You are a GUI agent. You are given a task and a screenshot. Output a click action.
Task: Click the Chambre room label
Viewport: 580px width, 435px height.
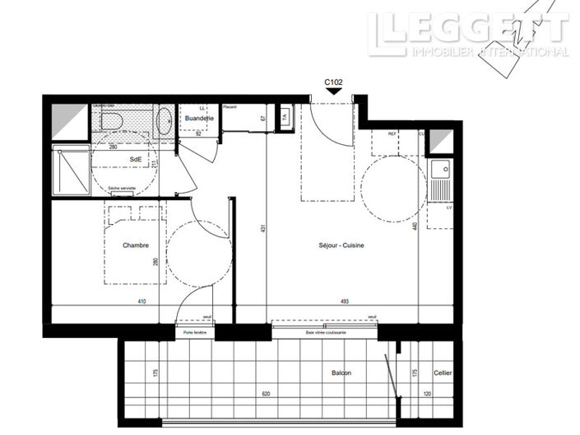tap(135, 246)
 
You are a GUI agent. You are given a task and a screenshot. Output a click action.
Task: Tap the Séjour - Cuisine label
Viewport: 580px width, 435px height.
tap(341, 246)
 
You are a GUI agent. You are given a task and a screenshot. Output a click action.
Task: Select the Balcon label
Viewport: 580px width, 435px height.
tap(341, 373)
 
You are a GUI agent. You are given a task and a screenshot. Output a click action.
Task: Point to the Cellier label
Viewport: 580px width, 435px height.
tap(443, 373)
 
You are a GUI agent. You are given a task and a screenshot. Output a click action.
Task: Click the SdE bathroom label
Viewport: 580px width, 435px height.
tap(134, 160)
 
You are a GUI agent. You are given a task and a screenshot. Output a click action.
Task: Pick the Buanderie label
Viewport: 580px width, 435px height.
tap(200, 119)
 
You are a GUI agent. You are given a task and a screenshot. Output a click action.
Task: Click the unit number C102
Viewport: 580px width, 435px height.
tap(333, 82)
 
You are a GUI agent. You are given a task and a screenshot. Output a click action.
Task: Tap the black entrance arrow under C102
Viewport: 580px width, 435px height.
tap(333, 92)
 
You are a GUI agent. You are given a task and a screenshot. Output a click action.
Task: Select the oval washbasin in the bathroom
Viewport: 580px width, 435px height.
tap(165, 120)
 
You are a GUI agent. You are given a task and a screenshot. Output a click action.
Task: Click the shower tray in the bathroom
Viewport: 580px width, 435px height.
tap(70, 171)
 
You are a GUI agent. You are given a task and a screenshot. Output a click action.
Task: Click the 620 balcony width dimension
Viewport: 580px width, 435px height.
tap(266, 394)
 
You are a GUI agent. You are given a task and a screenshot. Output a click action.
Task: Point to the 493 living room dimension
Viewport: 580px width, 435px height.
tap(344, 302)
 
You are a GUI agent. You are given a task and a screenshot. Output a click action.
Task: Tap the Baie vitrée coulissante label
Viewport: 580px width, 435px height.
tap(325, 332)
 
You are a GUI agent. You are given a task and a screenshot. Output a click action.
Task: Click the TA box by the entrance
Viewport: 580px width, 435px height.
tap(285, 117)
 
